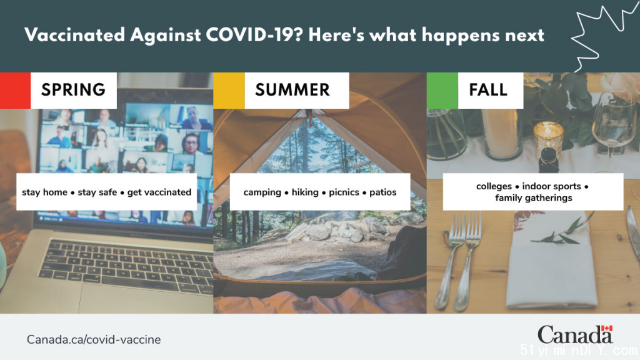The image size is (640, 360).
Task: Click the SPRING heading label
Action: pos(74,90)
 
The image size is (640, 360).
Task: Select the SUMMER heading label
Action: pos(292,90)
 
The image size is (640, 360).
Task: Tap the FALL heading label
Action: pos(488,90)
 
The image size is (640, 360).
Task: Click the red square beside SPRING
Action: pos(15,91)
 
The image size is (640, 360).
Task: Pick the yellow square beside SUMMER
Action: pos(229,91)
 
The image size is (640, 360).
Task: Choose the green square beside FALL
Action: pos(442,91)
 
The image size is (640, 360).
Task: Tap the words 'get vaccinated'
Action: pos(159,192)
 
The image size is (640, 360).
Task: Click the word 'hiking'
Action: pos(305,192)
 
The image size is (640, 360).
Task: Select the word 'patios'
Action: pos(383,192)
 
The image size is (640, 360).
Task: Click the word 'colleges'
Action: pos(494,186)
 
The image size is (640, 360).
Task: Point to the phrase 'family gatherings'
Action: pos(534,198)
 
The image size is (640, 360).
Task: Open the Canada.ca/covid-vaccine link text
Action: pos(94,339)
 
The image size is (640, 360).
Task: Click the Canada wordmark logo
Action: pos(576,335)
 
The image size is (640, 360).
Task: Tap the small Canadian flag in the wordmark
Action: pos(607,328)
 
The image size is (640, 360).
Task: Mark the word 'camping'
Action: pos(262,192)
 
